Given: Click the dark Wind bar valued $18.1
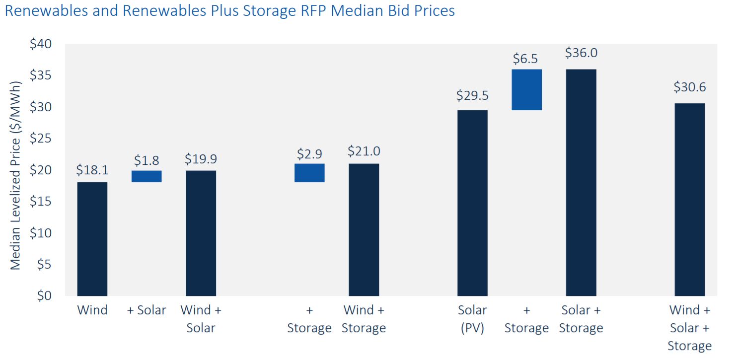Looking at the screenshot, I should click(x=92, y=239).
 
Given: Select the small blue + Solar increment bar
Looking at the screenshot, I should click(x=147, y=176).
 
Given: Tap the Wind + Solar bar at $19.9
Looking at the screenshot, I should click(x=201, y=233).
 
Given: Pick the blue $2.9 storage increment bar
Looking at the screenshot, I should click(x=309, y=173).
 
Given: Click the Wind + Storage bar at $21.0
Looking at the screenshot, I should click(x=364, y=230).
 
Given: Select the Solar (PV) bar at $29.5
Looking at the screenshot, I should click(x=472, y=203).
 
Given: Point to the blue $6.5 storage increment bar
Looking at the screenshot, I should click(x=526, y=89).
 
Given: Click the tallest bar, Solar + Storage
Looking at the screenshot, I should click(x=581, y=183).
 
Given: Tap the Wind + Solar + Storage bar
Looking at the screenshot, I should click(x=689, y=200).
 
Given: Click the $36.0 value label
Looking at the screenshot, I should click(x=581, y=53).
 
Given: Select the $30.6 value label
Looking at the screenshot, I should click(x=689, y=87).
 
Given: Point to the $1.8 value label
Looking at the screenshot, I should click(x=147, y=160).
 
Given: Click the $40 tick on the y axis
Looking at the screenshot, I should click(x=40, y=44).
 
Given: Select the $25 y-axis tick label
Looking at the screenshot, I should click(x=40, y=139).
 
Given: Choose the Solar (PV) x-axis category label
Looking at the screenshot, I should click(x=472, y=319).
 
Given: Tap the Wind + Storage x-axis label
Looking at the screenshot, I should click(x=364, y=319).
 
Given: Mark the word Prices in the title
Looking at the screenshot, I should click(x=431, y=11).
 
